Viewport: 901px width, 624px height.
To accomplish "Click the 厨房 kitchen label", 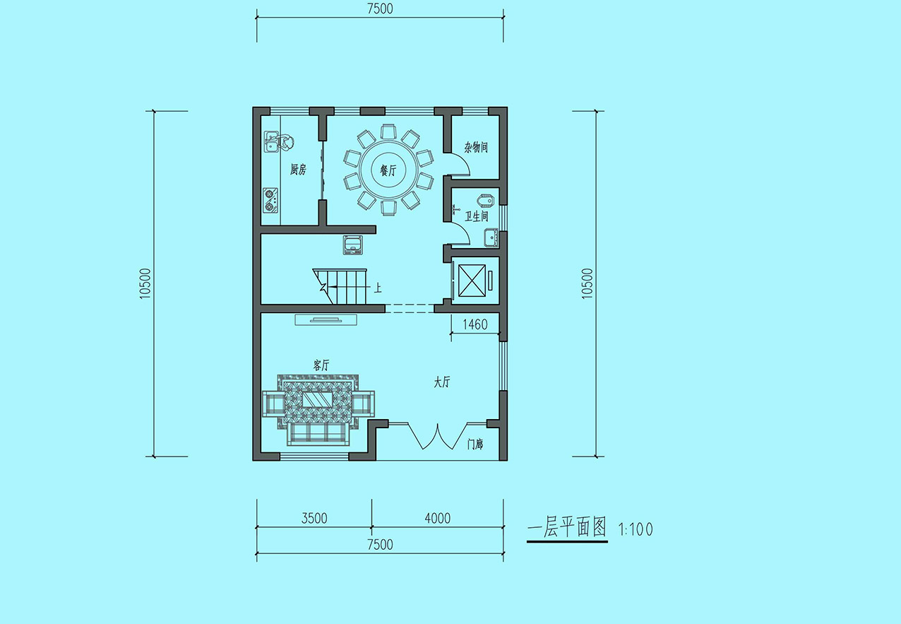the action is click(x=298, y=170).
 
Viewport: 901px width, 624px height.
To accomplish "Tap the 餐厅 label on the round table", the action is click(x=388, y=171).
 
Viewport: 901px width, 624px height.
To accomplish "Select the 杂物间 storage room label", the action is click(x=476, y=147).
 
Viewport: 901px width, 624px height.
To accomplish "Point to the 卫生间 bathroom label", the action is click(x=477, y=216).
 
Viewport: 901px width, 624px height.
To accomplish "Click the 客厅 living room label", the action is click(x=321, y=365).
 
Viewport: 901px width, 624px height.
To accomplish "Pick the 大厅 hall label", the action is click(x=441, y=382).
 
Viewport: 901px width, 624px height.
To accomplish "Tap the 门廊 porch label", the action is click(x=475, y=444).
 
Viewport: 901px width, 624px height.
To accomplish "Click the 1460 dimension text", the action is click(x=475, y=324).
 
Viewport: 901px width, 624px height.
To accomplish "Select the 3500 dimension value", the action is click(x=314, y=518).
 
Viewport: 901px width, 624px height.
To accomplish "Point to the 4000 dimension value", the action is click(x=438, y=518).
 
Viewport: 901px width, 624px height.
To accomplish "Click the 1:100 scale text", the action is click(x=636, y=529).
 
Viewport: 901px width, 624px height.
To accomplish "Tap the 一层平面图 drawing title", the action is click(x=567, y=527).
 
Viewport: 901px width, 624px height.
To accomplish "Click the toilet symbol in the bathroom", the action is click(x=486, y=200).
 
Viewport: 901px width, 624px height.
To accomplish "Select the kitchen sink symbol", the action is click(x=272, y=142).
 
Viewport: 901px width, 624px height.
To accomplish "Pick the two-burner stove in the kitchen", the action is click(x=270, y=200).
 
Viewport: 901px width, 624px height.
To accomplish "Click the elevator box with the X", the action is click(x=472, y=280).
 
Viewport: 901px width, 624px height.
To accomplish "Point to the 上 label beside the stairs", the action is click(x=378, y=288).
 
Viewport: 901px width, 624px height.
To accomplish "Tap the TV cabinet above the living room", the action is click(x=326, y=319).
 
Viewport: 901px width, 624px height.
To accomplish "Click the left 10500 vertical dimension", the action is click(x=145, y=283).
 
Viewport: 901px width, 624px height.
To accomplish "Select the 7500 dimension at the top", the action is click(x=380, y=8).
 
